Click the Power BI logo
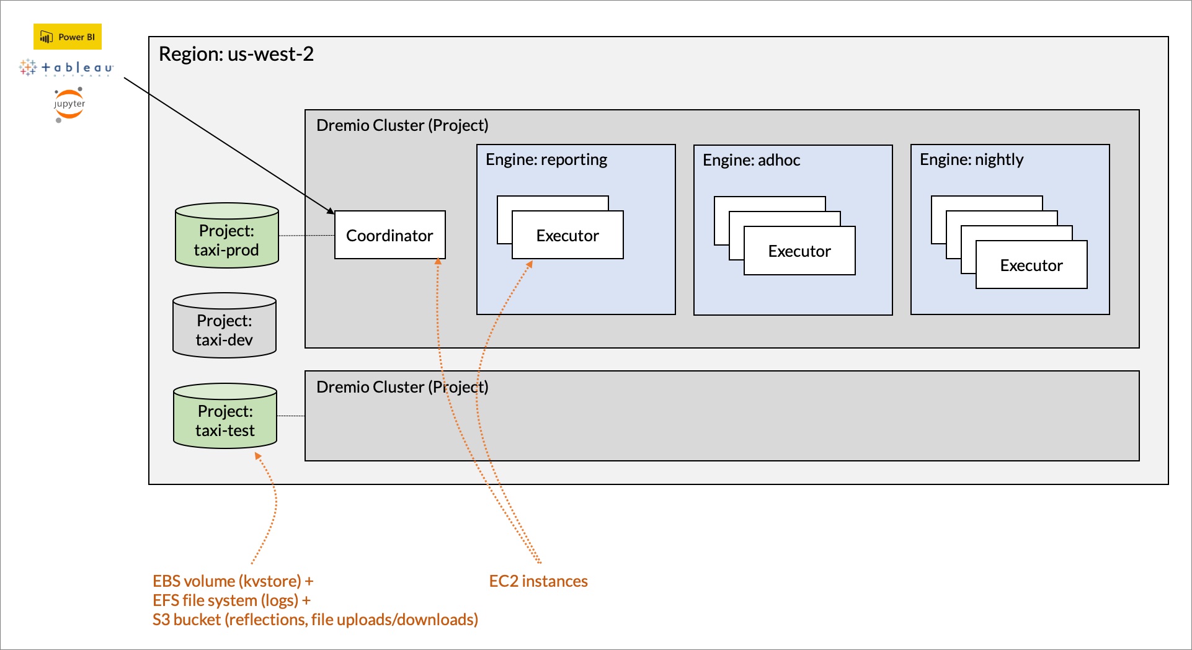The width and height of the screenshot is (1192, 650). click(67, 37)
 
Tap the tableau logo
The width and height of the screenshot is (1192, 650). click(66, 68)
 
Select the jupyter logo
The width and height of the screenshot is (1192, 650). click(69, 104)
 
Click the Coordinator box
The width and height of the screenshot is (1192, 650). click(389, 235)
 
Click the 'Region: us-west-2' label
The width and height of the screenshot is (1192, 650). click(236, 54)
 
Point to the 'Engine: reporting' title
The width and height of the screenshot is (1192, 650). click(546, 159)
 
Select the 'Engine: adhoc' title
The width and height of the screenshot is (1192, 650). click(751, 160)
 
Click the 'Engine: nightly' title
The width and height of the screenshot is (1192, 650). click(971, 159)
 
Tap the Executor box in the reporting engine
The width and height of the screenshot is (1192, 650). click(567, 236)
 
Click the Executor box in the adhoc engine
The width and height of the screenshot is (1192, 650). click(799, 251)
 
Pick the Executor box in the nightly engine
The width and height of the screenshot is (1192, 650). click(1031, 265)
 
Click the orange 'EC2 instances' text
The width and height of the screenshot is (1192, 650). click(538, 581)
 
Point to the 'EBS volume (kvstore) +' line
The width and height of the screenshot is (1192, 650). click(233, 581)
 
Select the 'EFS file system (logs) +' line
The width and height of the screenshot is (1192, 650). click(231, 600)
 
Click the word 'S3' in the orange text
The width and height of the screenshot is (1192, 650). click(161, 620)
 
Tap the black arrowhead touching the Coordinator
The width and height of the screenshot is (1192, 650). click(331, 211)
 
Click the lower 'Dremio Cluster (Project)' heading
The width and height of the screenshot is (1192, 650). click(402, 387)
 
